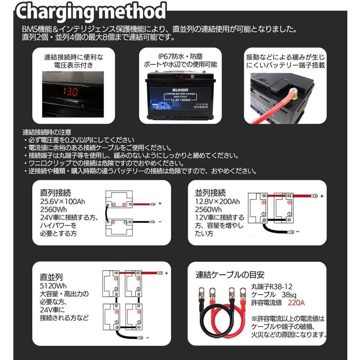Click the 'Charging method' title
91,12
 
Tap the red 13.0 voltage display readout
68,91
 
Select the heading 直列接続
56,192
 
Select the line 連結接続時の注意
47,132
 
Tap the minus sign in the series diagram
160,221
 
